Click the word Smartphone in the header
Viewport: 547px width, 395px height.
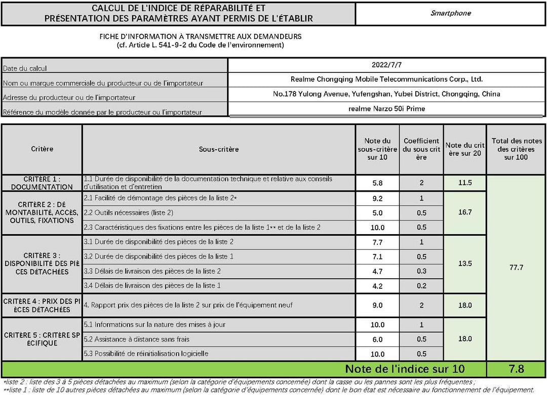pyautogui.click(x=450, y=13)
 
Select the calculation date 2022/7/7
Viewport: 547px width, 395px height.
pyautogui.click(x=386, y=65)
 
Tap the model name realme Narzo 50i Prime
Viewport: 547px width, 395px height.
pyautogui.click(x=386, y=109)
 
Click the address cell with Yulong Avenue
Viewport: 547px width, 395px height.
pyautogui.click(x=386, y=94)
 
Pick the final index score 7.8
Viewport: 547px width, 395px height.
pyautogui.click(x=516, y=369)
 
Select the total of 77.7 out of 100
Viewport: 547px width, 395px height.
pyautogui.click(x=516, y=268)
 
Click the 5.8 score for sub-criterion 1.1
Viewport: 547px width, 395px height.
pyautogui.click(x=377, y=183)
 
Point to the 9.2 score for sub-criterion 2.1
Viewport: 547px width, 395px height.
pyautogui.click(x=377, y=199)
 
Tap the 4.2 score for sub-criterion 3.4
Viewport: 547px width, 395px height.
pyautogui.click(x=377, y=286)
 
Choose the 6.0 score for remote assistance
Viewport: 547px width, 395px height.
pyautogui.click(x=377, y=339)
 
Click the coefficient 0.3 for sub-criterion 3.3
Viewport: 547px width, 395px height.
pyautogui.click(x=421, y=272)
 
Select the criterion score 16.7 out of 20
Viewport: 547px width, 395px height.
pyautogui.click(x=464, y=212)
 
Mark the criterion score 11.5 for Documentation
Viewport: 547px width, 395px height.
pyautogui.click(x=464, y=183)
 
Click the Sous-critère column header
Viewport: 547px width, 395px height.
pyautogui.click(x=218, y=150)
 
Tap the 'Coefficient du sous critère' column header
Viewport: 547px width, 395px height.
pyautogui.click(x=421, y=149)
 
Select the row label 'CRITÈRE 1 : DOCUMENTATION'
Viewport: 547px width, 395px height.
pyautogui.click(x=42, y=183)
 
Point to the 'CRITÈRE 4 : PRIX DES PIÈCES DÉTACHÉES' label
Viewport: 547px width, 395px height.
pyautogui.click(x=42, y=305)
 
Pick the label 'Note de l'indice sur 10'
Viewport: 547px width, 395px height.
pyautogui.click(x=405, y=369)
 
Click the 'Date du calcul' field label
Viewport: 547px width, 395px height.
pyautogui.click(x=25, y=68)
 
